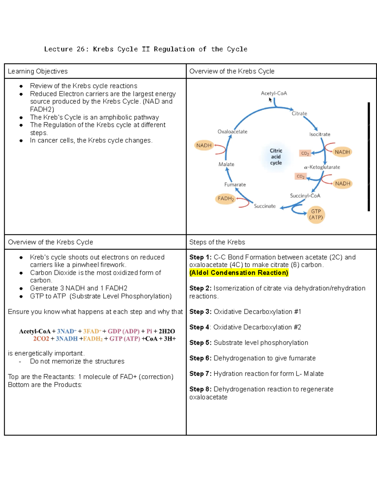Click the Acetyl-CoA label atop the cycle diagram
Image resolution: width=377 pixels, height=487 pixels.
pos(274,93)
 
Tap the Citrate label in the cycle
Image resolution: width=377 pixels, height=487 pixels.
pos(299,114)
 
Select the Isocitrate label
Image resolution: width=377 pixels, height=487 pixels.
pos(320,134)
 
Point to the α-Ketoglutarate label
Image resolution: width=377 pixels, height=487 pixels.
pos(322,167)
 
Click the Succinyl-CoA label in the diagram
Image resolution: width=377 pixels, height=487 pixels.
pos(305,196)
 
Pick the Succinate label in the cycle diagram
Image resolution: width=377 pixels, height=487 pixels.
pos(265,206)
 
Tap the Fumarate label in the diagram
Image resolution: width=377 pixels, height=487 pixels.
pos(235,185)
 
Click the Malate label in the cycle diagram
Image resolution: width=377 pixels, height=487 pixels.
pos(226,164)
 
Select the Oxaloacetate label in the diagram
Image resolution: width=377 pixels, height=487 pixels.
pos(232,132)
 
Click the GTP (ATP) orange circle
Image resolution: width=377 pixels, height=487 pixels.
pos(316,214)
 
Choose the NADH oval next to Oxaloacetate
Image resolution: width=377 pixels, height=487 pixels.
pos(204,146)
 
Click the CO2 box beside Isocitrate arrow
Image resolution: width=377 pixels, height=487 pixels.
pos(305,153)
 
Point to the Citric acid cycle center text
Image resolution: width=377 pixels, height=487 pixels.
pos(276,157)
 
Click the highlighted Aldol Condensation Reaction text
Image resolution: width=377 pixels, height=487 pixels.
pos(239,273)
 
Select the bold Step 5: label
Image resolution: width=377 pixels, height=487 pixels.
pos(200,343)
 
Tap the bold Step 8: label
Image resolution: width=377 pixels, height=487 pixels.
pos(200,389)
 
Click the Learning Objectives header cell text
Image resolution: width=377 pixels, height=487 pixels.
pos(38,71)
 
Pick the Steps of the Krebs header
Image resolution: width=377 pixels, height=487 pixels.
pos(217,242)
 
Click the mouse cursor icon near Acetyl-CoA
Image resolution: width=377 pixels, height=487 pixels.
pos(270,100)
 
